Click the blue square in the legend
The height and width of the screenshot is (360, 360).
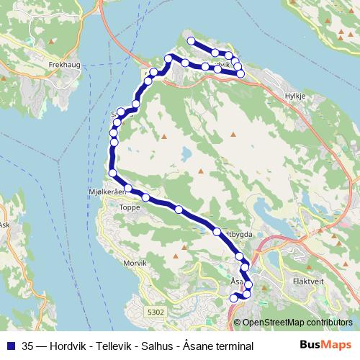[x=8, y=346]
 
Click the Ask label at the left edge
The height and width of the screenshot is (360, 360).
[x=5, y=225]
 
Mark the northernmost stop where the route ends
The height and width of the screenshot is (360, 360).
[x=191, y=41]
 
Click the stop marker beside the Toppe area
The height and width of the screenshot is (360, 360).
[x=145, y=197]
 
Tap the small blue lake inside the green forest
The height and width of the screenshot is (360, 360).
[x=186, y=153]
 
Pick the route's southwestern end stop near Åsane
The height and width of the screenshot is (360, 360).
[x=233, y=297]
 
